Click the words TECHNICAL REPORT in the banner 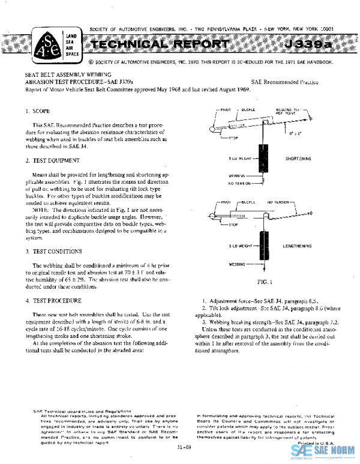158,46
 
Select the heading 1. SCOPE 38,112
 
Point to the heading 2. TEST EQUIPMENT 52,161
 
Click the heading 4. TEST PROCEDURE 53,300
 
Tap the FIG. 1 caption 265,281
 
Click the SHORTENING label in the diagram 298,158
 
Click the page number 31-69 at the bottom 185,447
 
